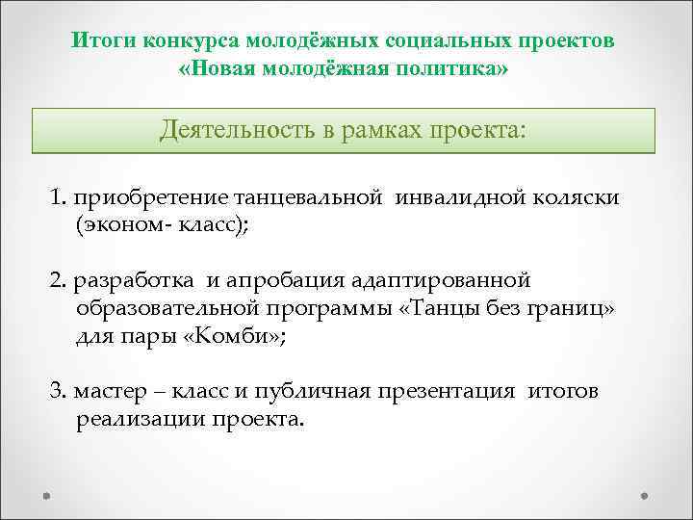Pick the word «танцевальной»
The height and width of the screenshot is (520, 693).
coord(309,198)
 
